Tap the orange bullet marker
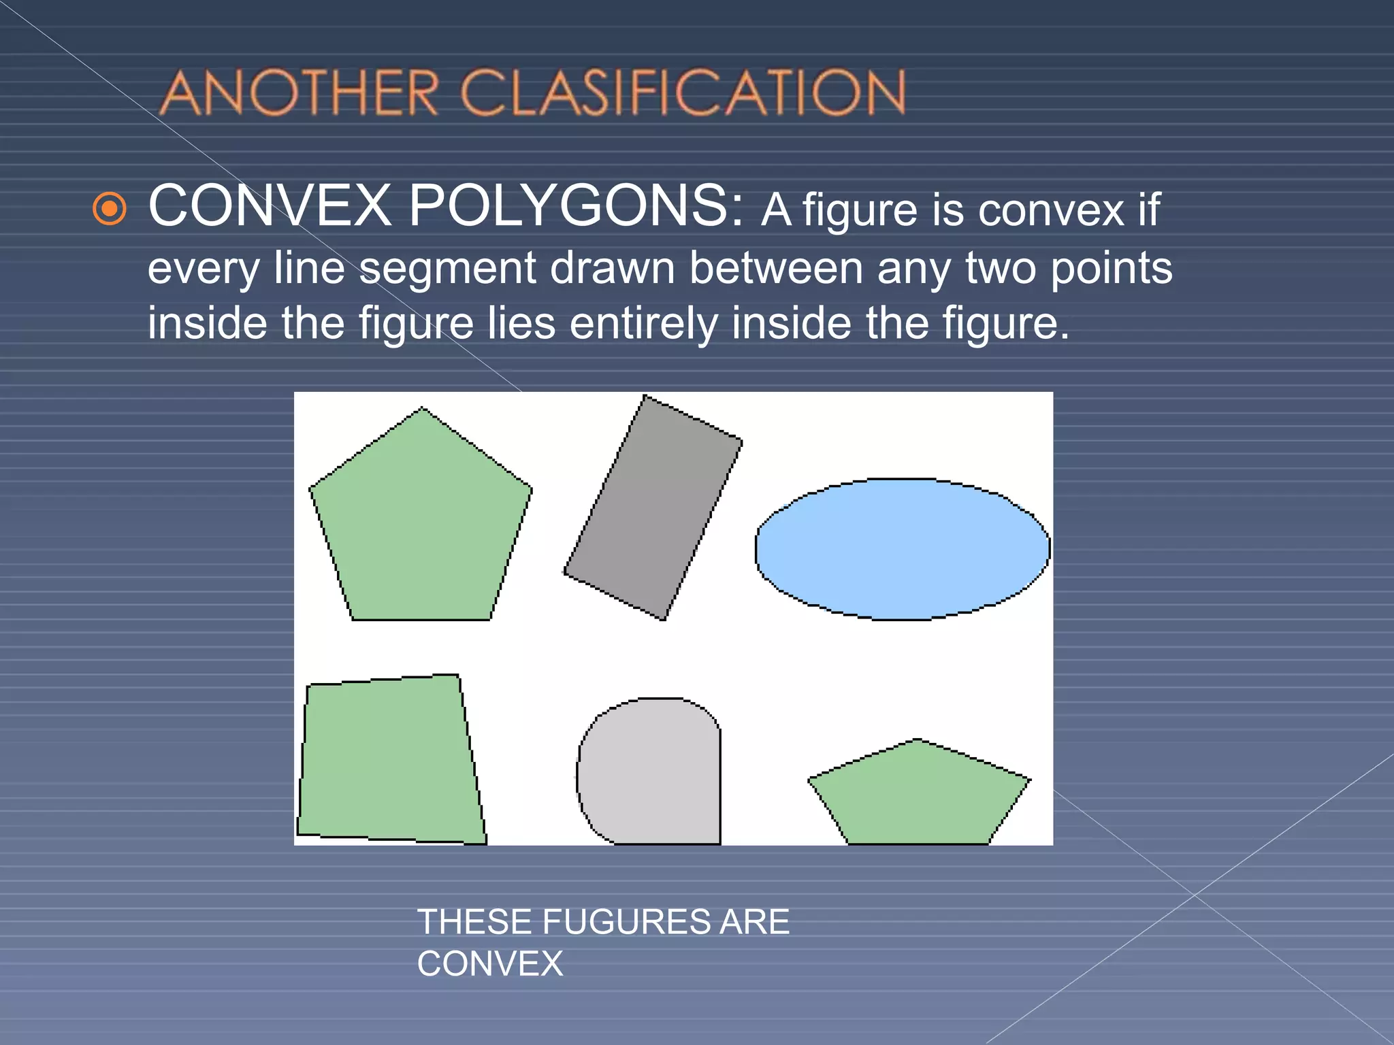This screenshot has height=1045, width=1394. (x=110, y=209)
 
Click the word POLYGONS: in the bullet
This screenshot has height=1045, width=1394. (x=576, y=207)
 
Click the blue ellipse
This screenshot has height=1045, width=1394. (x=902, y=549)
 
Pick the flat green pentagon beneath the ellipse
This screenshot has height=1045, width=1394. (x=919, y=796)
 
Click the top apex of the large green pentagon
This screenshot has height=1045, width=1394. (x=422, y=409)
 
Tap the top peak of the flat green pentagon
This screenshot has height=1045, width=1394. (x=918, y=740)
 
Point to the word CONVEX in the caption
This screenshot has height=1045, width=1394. (x=490, y=964)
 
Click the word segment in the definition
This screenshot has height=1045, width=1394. (x=447, y=268)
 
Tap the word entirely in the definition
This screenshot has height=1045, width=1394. (x=643, y=323)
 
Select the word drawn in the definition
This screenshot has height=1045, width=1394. (x=612, y=268)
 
